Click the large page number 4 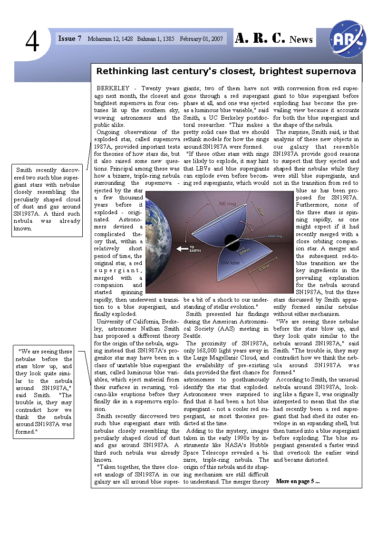coord(32,42)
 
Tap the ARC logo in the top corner coord(348,37)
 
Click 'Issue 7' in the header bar coord(69,38)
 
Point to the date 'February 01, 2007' coord(202,39)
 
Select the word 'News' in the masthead coord(301,39)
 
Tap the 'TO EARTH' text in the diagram coord(195,248)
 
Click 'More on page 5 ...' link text coord(298,481)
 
